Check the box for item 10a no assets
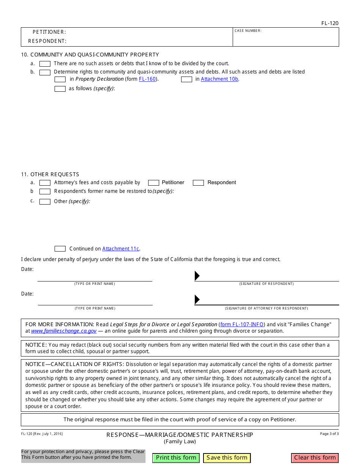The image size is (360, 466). point(45,64)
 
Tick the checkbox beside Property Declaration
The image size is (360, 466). point(60,80)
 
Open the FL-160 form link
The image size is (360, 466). point(147,79)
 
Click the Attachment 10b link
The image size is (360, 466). point(219,79)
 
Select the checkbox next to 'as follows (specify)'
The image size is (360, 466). point(60,89)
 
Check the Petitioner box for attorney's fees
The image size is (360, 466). point(153,183)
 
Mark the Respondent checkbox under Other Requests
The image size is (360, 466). point(198,183)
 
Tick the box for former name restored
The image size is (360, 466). point(45,192)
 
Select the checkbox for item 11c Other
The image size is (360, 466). point(45,202)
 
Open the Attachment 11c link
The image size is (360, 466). point(121,249)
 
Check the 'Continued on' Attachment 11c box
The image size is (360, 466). point(60,249)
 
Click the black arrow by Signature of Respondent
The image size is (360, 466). point(197,276)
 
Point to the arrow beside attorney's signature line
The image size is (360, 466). point(197,300)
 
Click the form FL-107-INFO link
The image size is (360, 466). point(243,324)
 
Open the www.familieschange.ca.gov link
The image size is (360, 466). point(64,331)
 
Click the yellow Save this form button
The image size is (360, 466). point(227,458)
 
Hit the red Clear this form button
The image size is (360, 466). point(315,458)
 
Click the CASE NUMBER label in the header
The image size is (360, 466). point(248,31)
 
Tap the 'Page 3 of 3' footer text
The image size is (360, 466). point(329,434)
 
